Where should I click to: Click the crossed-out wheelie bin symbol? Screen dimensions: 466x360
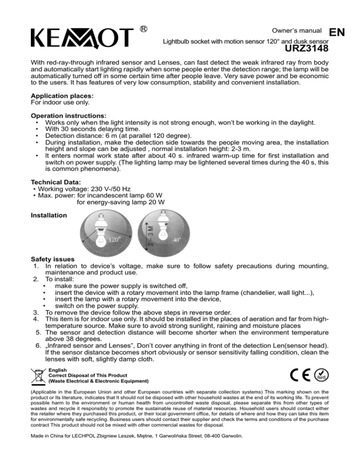click(37, 377)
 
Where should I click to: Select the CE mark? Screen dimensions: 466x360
click(299, 377)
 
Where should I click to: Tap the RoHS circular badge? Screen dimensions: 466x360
click(322, 377)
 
